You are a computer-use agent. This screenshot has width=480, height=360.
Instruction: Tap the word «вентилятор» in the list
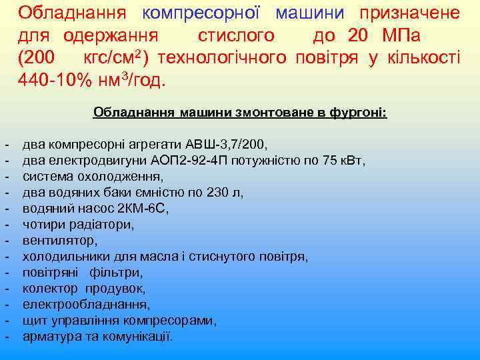59,241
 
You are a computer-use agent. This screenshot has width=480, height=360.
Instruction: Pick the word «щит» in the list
33,321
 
